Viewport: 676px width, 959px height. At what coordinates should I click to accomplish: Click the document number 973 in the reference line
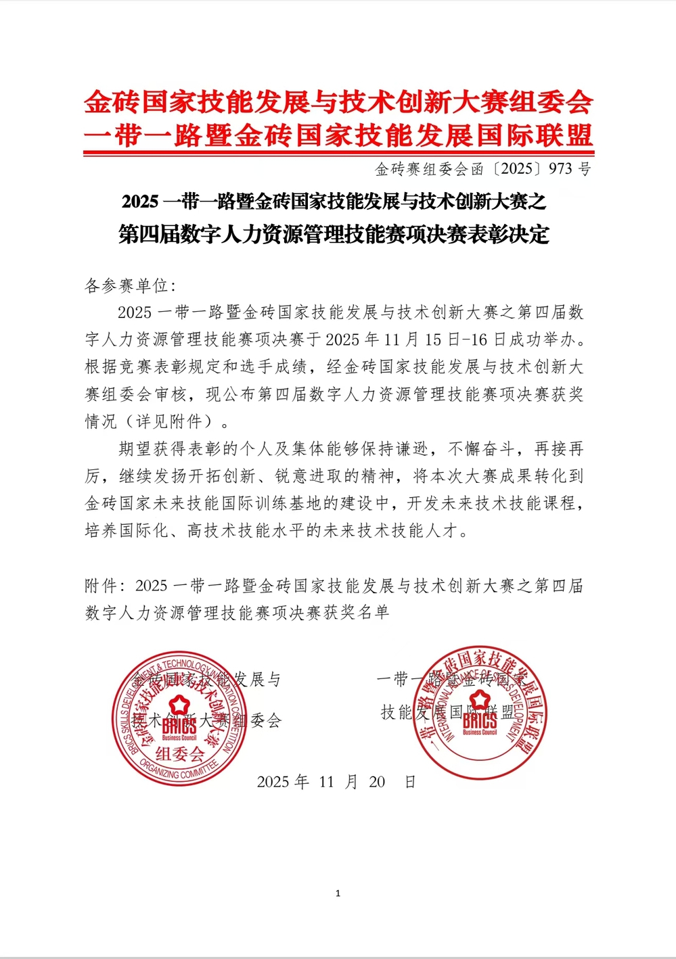(x=560, y=168)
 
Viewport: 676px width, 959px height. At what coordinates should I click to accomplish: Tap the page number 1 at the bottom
(x=338, y=893)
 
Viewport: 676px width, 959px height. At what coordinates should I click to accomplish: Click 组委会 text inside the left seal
(x=179, y=753)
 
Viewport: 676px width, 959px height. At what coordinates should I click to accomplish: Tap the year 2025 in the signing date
(x=273, y=782)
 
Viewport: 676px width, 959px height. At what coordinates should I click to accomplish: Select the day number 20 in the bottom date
(x=377, y=782)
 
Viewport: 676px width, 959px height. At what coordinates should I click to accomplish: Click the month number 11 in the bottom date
(x=327, y=782)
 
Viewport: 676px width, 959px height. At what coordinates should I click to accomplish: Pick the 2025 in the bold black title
(x=140, y=202)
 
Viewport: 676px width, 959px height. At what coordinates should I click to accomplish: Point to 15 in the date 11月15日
(x=434, y=340)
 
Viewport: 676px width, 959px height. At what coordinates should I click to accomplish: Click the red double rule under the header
(x=338, y=154)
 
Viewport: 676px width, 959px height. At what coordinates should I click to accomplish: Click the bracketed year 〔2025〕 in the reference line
(x=516, y=168)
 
